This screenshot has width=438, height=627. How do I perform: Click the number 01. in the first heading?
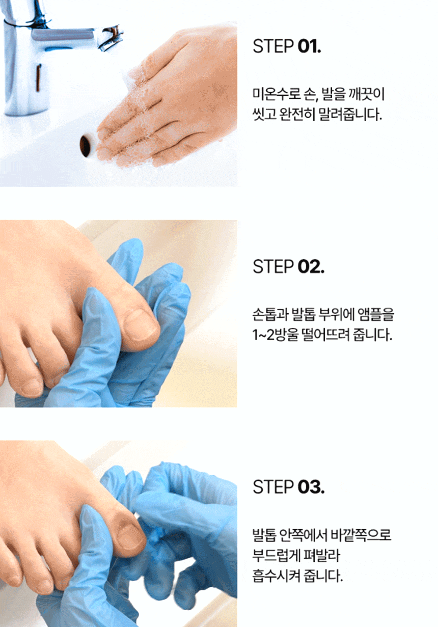click(309, 46)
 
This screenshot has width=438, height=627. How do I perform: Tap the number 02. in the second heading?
click(311, 266)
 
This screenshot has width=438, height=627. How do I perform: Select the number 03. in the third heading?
click(311, 487)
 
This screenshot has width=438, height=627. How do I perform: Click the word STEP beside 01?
click(273, 46)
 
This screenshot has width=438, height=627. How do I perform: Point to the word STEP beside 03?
click(273, 487)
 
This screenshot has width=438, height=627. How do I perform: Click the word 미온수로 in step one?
click(276, 94)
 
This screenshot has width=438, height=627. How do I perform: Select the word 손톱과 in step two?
click(270, 314)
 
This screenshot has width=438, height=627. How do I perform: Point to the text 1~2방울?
click(276, 335)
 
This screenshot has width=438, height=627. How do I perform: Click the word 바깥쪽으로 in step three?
click(361, 535)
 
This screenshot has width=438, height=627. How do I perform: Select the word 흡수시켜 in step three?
click(276, 575)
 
